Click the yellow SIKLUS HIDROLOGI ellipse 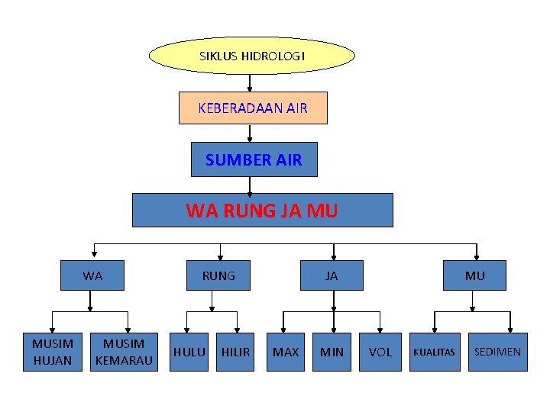[251, 56]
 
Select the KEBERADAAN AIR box [253, 108]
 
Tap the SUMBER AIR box [254, 160]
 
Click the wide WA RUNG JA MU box [262, 210]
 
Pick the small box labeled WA [92, 275]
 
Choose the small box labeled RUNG [218, 275]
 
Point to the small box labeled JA [332, 275]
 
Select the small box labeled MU [474, 275]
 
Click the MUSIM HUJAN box [53, 352]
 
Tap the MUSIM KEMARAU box [124, 352]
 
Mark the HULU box [189, 352]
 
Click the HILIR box [235, 352]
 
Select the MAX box [286, 352]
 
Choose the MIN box [332, 352]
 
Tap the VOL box [380, 352]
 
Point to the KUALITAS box [434, 352]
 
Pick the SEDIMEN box [497, 352]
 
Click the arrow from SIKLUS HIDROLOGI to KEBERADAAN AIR [250, 82]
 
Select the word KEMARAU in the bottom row [124, 359]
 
